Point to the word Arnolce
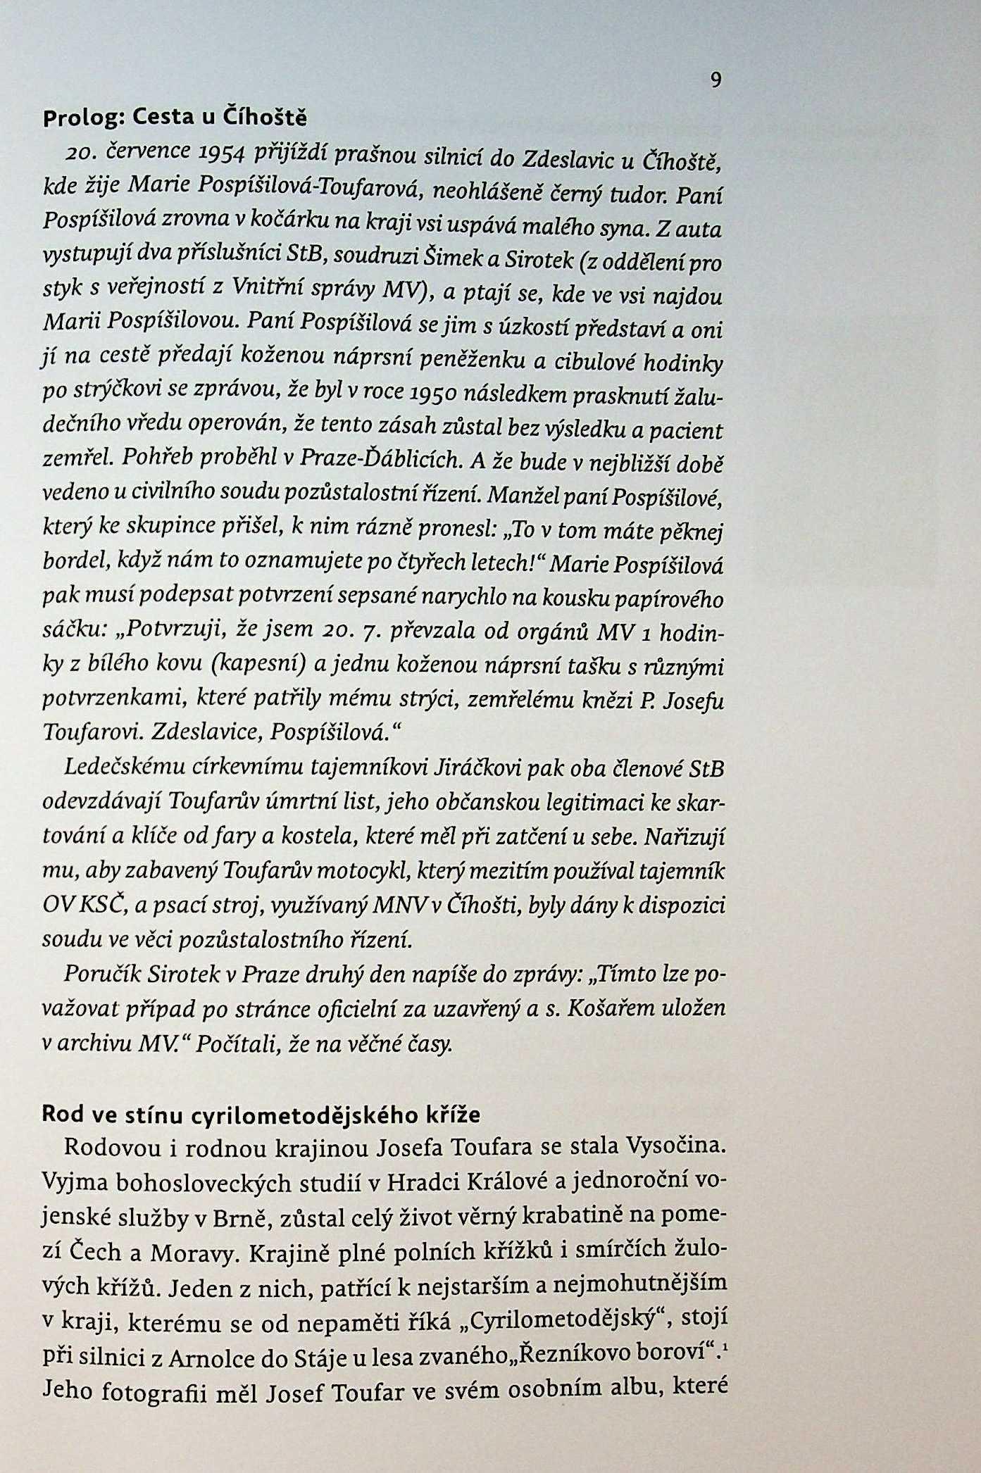[222, 1354]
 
